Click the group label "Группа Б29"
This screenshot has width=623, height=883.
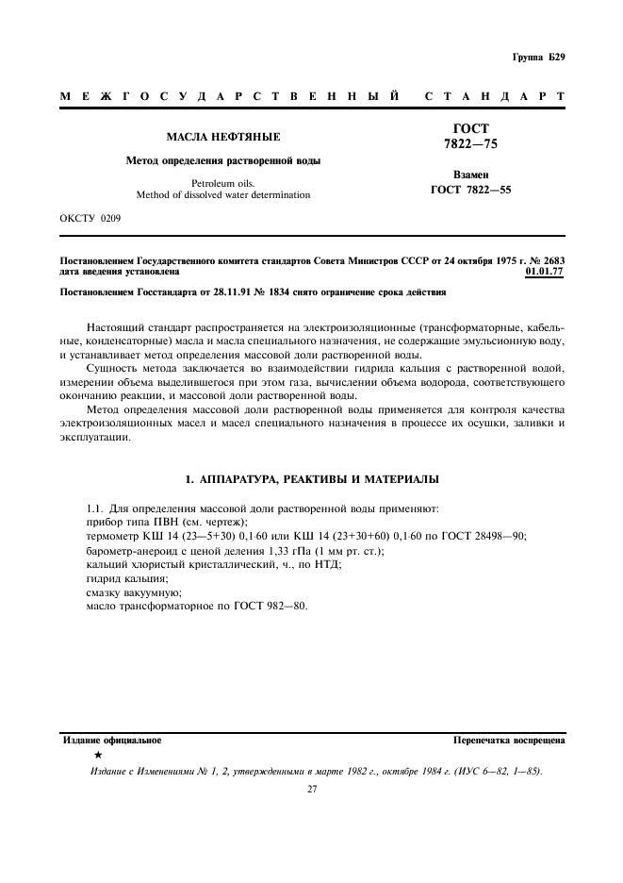tap(538, 58)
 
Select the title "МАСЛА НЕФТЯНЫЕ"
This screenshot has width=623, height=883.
tap(223, 138)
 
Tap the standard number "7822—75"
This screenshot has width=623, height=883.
tap(470, 144)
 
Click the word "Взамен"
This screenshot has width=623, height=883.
tap(470, 175)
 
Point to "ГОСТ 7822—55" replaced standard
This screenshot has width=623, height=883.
tap(470, 191)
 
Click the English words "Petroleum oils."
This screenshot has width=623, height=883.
tap(223, 182)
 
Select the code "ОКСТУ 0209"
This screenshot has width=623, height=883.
tap(90, 218)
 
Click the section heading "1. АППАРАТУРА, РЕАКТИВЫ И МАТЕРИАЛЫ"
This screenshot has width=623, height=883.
tap(312, 480)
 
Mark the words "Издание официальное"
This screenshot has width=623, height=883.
tap(111, 741)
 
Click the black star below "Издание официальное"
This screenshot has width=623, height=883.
tap(97, 756)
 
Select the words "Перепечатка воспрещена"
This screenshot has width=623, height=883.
tap(509, 741)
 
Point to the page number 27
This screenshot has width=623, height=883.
tap(312, 790)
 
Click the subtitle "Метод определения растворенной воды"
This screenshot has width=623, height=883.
tap(223, 160)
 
